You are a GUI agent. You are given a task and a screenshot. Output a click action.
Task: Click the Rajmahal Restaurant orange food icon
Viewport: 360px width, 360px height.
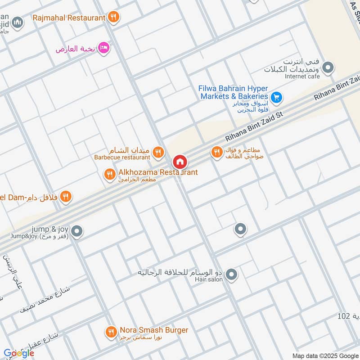pos(114,18)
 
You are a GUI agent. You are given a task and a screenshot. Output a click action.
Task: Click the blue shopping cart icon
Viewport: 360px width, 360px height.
pos(276,96)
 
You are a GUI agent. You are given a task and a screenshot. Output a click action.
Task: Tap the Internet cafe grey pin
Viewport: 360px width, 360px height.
pos(329,68)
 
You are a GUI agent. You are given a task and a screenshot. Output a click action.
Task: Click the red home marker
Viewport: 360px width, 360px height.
pos(180,162)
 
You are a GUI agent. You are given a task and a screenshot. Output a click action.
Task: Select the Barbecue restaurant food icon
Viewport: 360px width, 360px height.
pos(157,152)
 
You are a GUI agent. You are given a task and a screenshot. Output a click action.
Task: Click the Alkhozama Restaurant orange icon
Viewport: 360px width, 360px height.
pos(109,174)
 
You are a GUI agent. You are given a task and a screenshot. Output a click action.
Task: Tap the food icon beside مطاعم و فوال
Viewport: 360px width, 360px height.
pos(217,153)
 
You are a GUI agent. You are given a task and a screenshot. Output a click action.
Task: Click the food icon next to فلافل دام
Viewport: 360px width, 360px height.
pos(66,196)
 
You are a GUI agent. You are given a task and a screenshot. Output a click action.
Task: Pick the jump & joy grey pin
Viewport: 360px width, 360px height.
pos(77,231)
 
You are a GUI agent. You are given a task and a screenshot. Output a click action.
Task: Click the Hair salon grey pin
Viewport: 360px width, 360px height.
pos(231,274)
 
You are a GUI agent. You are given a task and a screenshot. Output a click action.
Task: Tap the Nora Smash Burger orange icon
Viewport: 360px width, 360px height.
pos(111,332)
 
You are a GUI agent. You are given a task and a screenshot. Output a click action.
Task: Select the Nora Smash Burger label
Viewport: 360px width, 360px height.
pos(153,330)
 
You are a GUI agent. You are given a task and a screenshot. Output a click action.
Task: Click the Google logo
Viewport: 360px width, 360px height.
pos(18,353)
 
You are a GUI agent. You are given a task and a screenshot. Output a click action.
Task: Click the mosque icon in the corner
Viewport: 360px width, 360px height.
pos(18,22)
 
